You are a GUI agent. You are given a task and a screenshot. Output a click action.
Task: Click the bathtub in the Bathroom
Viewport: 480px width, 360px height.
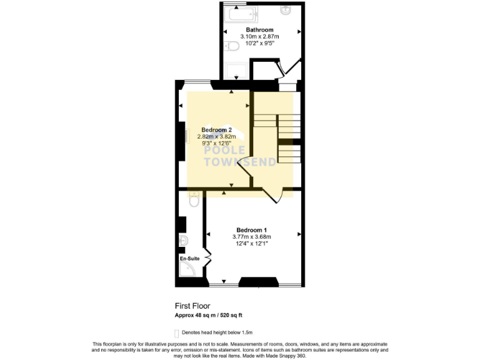tap(243, 13)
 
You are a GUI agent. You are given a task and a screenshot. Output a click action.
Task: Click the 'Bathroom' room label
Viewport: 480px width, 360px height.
tap(259, 30)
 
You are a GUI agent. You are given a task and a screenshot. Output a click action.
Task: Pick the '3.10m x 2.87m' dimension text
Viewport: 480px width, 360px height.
tap(259, 37)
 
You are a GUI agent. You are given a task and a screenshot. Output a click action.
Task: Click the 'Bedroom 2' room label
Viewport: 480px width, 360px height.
tap(216, 129)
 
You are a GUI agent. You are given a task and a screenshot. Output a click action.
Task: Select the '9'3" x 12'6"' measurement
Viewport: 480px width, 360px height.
tap(216, 143)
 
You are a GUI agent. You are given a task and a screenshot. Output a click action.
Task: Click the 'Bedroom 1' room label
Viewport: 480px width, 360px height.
tap(251, 229)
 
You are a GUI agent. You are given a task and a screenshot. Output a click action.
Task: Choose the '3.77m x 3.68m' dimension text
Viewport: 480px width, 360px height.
tap(251, 237)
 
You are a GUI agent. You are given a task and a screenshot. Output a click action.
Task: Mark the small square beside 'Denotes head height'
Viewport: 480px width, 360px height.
tap(177, 332)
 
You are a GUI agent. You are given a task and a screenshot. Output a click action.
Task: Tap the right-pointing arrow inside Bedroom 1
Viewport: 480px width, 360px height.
tap(299, 234)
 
